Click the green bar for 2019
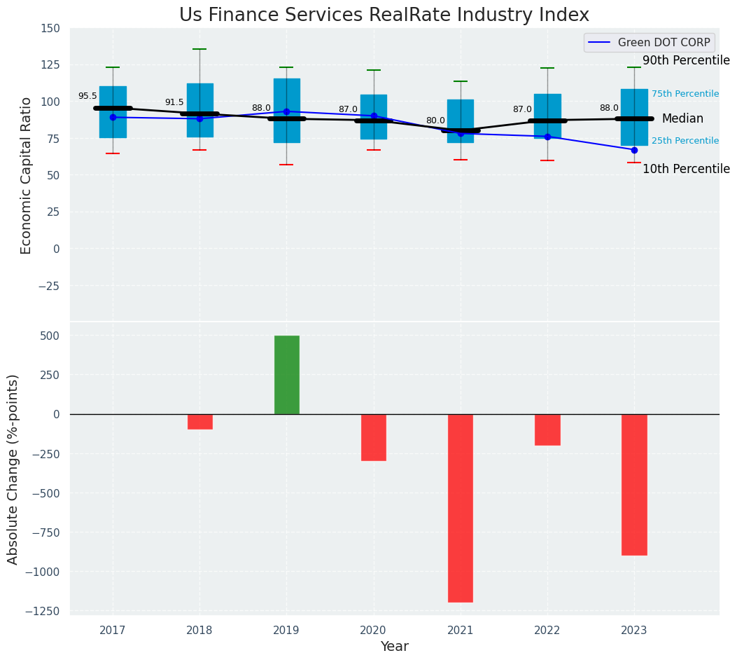click(286, 375)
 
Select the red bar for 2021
click(461, 508)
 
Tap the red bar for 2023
click(634, 484)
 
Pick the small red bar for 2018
click(199, 421)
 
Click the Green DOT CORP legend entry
click(650, 43)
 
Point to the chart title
click(384, 15)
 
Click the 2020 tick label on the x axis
click(373, 631)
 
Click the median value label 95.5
click(87, 96)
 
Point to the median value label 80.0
click(435, 121)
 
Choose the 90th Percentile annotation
click(686, 60)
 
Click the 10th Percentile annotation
click(686, 169)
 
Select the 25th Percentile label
click(685, 141)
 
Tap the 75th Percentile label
click(685, 94)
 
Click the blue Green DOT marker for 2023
click(634, 150)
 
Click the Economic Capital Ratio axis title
click(27, 175)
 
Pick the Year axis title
click(394, 647)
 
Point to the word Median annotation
click(682, 119)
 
